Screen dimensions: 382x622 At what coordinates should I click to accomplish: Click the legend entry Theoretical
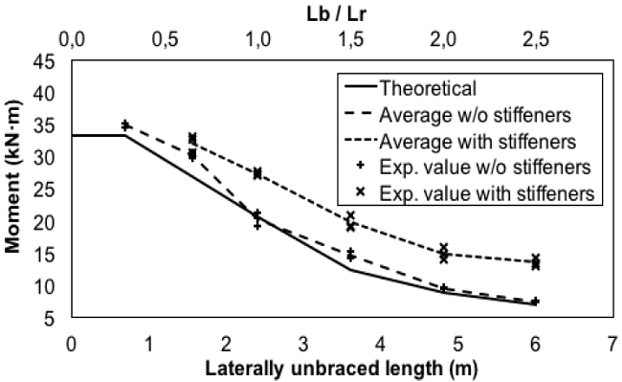(x=428, y=90)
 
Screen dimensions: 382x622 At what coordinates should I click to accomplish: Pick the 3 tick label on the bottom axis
(x=302, y=342)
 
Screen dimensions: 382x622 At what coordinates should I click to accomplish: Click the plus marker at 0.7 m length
(x=125, y=124)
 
